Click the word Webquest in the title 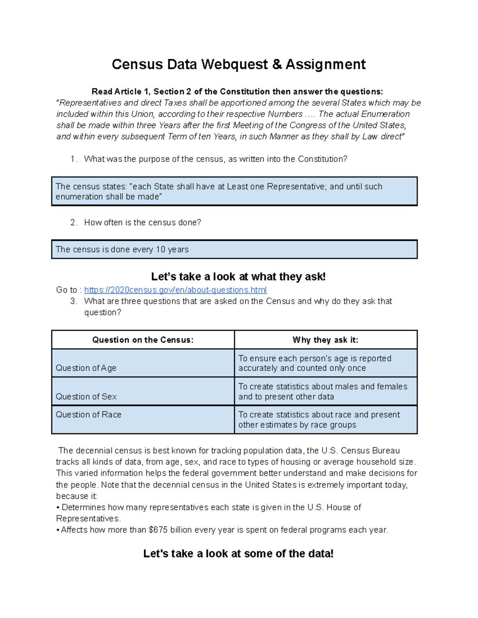click(x=235, y=64)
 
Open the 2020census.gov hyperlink click(x=175, y=290)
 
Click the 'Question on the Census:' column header click(x=143, y=340)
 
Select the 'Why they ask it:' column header click(x=325, y=340)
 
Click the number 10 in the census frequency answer click(x=161, y=250)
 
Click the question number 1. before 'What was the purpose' click(x=73, y=159)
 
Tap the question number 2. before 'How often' click(x=73, y=223)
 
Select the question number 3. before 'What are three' click(x=73, y=301)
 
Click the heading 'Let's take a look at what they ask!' click(x=238, y=277)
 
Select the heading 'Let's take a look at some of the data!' click(x=238, y=554)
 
